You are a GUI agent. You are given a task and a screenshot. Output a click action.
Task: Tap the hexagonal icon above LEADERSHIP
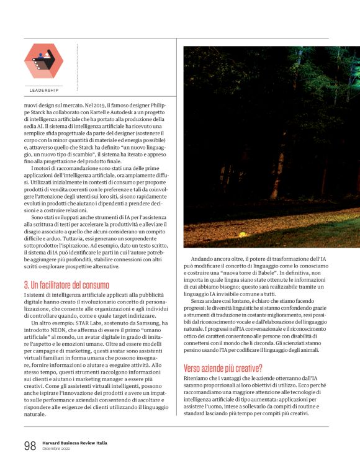43,61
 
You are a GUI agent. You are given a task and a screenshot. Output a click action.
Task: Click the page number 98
30,444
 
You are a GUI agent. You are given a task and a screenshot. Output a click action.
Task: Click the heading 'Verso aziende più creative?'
223,367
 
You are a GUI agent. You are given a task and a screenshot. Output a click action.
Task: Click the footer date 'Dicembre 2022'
56,448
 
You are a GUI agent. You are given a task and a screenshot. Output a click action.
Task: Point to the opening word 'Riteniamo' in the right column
199,377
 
